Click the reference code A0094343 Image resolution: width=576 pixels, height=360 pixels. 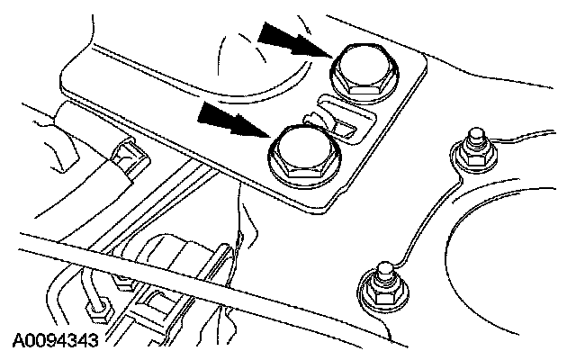coord(56,342)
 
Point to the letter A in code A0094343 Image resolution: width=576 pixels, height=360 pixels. coord(19,342)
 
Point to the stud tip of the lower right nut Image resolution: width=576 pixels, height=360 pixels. coord(383,268)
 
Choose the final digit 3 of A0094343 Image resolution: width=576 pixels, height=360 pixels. coord(94,342)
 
